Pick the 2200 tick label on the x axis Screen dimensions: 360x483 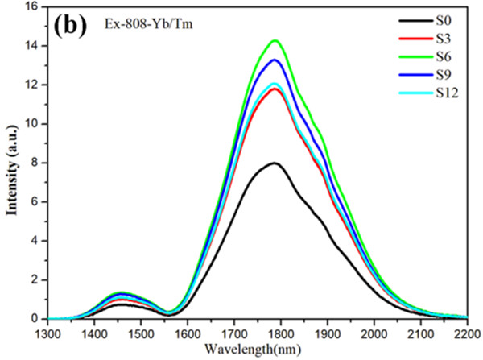click(465, 333)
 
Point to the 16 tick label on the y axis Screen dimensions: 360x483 click(33, 6)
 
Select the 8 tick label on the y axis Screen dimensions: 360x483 click(35, 163)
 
